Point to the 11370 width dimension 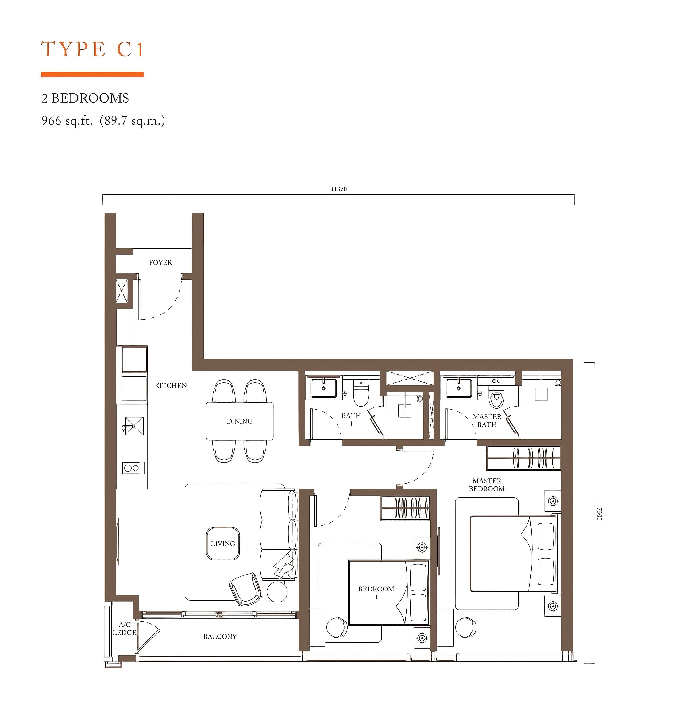click(339, 189)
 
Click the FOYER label click(160, 263)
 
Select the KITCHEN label click(171, 386)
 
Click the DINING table click(239, 421)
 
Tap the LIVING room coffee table click(223, 543)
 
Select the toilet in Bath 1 click(361, 393)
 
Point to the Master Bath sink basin click(459, 388)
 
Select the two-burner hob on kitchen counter click(133, 468)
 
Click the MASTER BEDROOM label click(487, 485)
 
